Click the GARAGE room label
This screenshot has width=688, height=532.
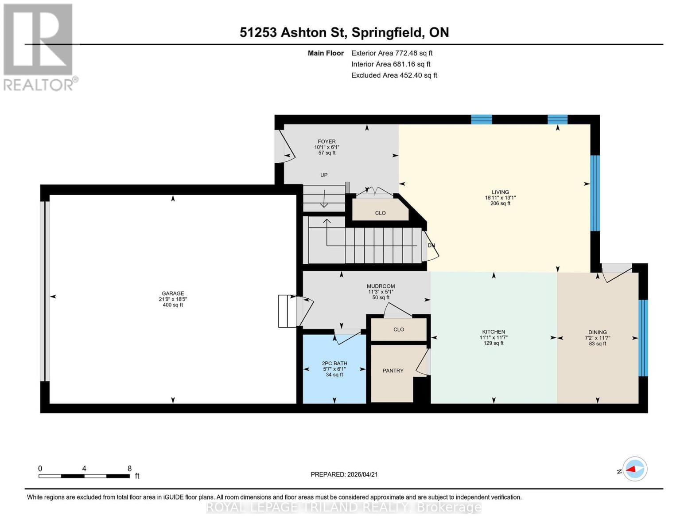[173, 293]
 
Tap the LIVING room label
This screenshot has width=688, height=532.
[500, 192]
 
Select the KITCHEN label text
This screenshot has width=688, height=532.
[494, 332]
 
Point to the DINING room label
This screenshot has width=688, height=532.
[597, 332]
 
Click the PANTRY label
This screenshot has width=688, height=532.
[393, 371]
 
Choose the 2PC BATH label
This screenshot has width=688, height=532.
[334, 364]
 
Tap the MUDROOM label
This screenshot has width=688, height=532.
[381, 286]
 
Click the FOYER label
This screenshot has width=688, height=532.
[327, 142]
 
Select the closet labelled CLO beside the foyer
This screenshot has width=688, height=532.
[380, 213]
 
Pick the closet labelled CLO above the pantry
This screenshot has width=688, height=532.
[399, 329]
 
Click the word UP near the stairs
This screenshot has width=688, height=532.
[324, 175]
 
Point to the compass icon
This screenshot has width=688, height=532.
[635, 469]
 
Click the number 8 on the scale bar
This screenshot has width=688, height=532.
[129, 469]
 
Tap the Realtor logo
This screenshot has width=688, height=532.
[39, 47]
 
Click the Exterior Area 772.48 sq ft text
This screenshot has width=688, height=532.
[392, 53]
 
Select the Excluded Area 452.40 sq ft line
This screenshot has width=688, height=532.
[394, 75]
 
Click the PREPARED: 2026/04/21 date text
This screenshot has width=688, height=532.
[344, 474]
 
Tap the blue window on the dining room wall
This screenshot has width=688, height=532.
[643, 338]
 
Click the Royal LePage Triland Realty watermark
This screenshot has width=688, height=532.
[344, 508]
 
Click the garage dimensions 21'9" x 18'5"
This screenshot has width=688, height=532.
[173, 299]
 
